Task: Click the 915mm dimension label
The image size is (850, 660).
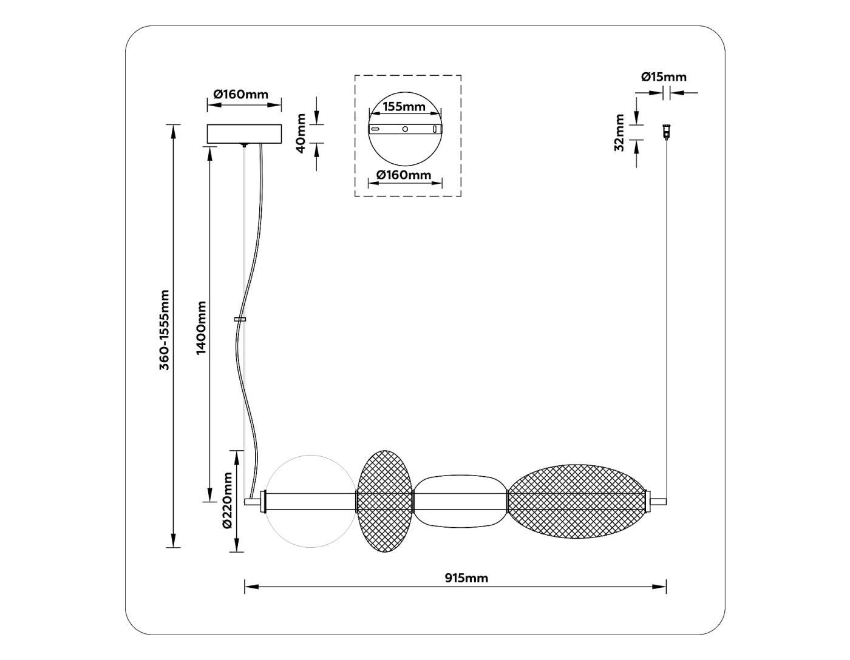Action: [466, 578]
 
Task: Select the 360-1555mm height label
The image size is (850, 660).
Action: [164, 330]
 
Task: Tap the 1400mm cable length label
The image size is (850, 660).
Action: [202, 328]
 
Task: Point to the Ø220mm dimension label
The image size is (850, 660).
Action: [228, 500]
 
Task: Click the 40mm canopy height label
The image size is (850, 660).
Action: [301, 133]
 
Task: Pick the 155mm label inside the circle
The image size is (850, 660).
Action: [404, 107]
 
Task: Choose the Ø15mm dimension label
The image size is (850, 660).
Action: [664, 77]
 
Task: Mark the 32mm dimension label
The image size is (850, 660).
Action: [619, 132]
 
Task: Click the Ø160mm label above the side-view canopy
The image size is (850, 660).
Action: [240, 94]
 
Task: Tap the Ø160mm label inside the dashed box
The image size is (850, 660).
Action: [404, 175]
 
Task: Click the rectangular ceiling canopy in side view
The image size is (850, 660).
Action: [244, 134]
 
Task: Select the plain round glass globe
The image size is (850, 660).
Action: [310, 501]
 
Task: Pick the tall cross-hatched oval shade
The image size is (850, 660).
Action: [385, 501]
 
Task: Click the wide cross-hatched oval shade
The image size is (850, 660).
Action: [577, 501]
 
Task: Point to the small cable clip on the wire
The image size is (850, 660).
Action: [240, 319]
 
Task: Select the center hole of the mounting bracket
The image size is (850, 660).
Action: [405, 129]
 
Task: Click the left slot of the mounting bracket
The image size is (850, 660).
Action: [376, 129]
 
